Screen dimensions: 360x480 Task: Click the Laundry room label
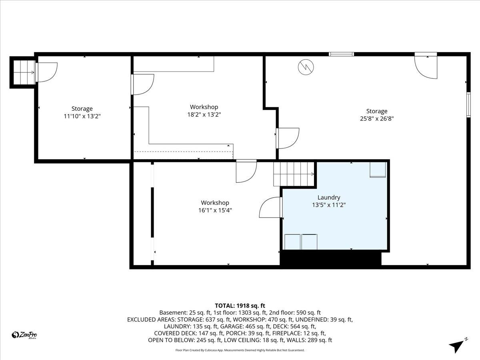coord(329,197)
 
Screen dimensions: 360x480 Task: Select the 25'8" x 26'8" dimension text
coord(376,119)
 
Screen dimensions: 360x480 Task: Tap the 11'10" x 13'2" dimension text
coord(82,116)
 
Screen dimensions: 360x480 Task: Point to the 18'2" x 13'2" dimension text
coord(204,114)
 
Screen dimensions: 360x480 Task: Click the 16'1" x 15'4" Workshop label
coord(215,203)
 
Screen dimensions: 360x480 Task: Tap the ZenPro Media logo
coord(24,335)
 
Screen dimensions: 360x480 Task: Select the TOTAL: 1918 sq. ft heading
coord(240,306)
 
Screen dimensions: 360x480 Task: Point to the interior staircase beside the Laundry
coord(294,174)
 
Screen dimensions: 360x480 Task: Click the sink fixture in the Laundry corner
coord(378,170)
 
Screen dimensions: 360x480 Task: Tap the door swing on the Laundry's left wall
coord(271,208)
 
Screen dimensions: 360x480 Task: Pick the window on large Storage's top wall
coord(341,54)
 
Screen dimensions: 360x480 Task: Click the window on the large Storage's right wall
coord(468,105)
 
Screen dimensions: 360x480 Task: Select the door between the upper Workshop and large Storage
coord(288,138)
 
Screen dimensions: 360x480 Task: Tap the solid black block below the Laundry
coord(330,258)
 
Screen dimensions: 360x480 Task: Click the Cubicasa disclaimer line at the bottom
coord(240,350)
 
